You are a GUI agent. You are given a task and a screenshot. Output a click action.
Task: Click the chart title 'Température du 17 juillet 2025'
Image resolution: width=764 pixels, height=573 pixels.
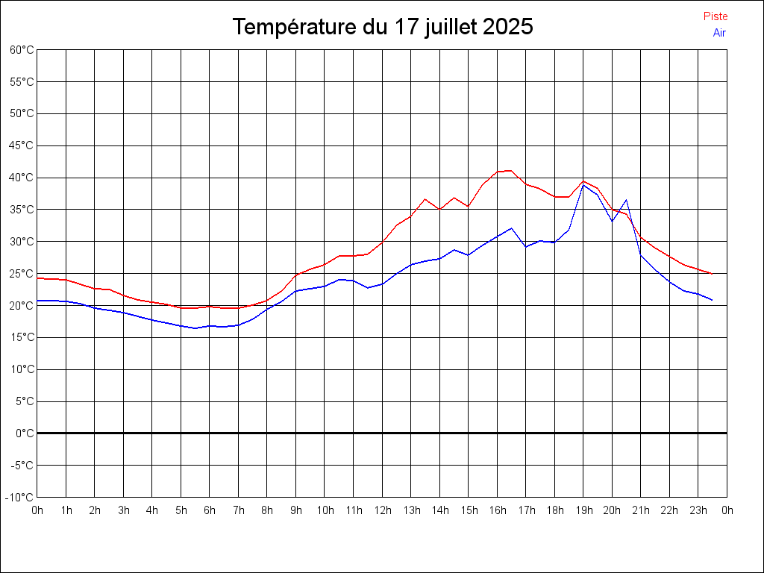pos(382,27)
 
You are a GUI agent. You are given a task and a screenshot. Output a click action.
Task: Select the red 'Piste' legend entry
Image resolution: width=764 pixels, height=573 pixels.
pos(716,16)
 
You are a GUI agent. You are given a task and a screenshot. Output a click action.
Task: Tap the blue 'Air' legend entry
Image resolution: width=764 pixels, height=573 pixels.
pos(719,33)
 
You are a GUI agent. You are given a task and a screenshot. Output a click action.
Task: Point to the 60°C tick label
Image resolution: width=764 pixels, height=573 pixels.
pos(22,50)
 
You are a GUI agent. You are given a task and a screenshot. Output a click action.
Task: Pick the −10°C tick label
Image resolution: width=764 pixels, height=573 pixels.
pos(20,498)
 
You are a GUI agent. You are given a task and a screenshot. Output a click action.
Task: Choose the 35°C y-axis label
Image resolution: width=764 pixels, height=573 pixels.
pos(22,210)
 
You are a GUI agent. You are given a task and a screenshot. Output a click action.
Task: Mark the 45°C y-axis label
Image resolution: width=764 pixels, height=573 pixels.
pos(22,145)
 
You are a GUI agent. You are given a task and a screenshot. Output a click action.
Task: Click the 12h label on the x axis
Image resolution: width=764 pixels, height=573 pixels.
pos(383,510)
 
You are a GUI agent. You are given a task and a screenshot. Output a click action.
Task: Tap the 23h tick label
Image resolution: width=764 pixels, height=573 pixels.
pos(698,510)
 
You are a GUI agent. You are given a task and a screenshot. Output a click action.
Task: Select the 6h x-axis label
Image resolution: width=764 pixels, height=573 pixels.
pos(210,510)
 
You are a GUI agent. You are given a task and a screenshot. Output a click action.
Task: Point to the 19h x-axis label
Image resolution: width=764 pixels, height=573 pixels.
pos(583,510)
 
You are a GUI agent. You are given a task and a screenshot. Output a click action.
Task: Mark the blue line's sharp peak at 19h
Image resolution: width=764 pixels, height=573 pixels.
pos(583,184)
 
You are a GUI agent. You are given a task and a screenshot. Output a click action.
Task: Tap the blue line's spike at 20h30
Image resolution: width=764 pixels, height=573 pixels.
pos(627,200)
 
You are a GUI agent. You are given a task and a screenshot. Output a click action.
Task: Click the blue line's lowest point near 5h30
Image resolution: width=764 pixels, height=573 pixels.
pos(195,328)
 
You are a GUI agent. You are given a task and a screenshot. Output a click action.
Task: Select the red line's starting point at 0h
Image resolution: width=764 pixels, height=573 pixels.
pos(37,278)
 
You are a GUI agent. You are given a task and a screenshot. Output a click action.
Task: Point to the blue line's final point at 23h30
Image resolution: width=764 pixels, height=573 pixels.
pos(713,300)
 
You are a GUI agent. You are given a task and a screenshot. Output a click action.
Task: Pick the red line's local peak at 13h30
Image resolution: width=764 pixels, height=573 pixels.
pos(425,199)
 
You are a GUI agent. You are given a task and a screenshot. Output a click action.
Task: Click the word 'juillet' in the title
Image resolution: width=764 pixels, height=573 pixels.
pos(451,27)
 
